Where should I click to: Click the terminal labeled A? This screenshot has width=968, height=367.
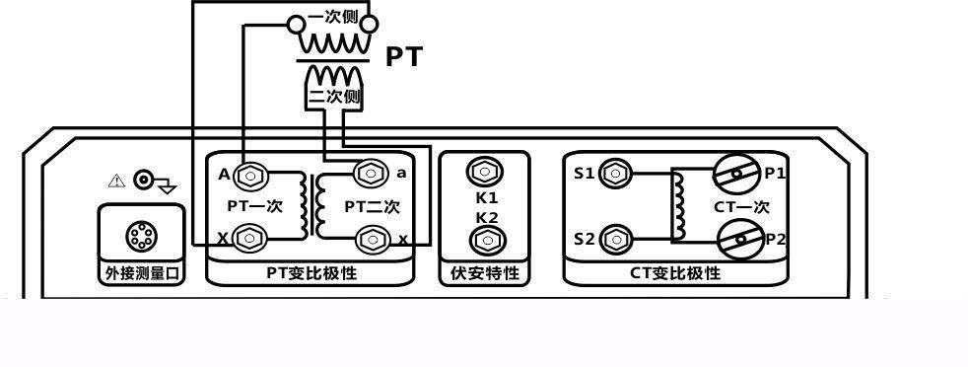pyautogui.click(x=250, y=176)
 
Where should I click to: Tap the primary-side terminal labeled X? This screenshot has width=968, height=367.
pyautogui.click(x=250, y=237)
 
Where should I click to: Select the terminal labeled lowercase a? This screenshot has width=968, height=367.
pyautogui.click(x=371, y=174)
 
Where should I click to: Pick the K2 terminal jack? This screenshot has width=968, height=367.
pyautogui.click(x=484, y=239)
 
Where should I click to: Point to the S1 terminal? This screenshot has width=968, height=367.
pyautogui.click(x=616, y=174)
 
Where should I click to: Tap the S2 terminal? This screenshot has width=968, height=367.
pyautogui.click(x=616, y=238)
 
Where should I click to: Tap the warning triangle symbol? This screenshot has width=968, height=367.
pyautogui.click(x=116, y=180)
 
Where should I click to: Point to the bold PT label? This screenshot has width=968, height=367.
pyautogui.click(x=403, y=56)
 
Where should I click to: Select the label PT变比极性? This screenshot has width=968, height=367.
pyautogui.click(x=311, y=273)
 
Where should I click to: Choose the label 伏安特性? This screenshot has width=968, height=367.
pyautogui.click(x=484, y=273)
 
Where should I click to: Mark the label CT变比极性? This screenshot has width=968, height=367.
pyautogui.click(x=675, y=273)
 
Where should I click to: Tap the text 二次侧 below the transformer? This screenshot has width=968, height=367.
pyautogui.click(x=335, y=97)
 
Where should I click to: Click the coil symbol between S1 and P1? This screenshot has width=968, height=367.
pyautogui.click(x=678, y=205)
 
